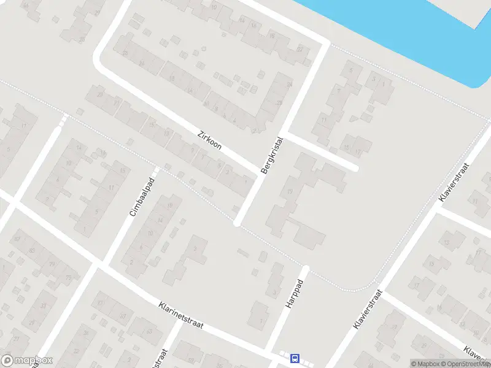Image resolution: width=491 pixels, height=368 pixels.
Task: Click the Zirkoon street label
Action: (210, 140)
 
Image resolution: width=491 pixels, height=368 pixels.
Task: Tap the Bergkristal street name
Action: (273, 155)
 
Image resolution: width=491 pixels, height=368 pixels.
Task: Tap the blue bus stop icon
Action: (295, 358)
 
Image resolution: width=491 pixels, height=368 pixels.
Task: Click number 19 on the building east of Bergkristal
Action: (290, 192)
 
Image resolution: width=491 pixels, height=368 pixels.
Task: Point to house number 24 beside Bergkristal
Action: (288, 85)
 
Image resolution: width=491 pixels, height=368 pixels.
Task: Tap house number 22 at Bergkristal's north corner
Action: (300, 49)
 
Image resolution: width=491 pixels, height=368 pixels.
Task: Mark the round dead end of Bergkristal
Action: (237, 224)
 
